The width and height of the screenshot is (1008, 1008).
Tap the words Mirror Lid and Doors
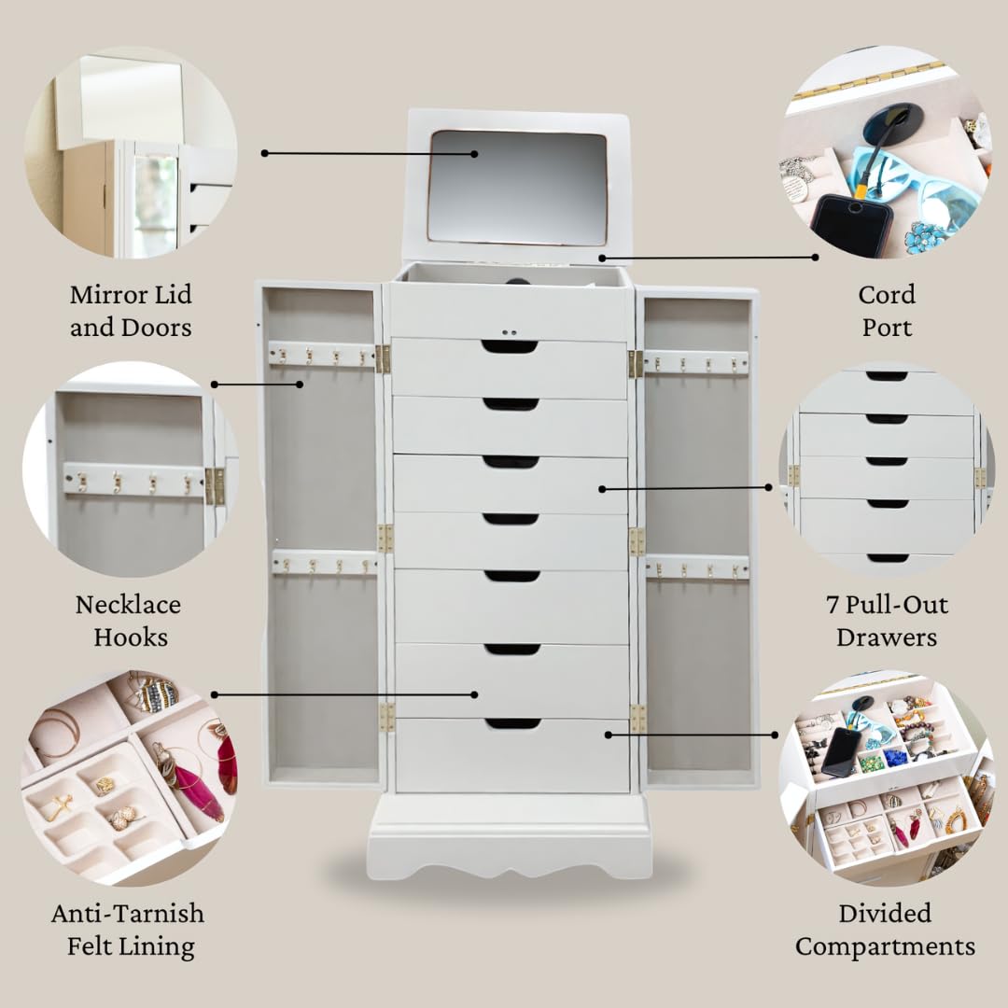(x=131, y=311)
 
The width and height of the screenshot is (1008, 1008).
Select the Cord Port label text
(x=886, y=311)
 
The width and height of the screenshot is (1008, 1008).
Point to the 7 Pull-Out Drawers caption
(x=886, y=621)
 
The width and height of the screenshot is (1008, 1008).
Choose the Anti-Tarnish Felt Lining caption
(x=128, y=930)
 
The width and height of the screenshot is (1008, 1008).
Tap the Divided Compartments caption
(x=885, y=930)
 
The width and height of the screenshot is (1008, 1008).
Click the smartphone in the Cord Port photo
(x=850, y=225)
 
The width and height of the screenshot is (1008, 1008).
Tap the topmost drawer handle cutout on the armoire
(x=510, y=346)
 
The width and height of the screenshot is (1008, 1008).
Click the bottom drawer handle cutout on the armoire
(x=512, y=723)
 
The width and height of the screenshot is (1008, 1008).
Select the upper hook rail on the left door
(x=321, y=354)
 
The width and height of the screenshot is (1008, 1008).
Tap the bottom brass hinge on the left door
(x=385, y=717)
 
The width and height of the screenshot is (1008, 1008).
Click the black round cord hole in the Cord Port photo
(x=892, y=121)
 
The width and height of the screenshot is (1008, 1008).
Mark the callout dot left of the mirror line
(x=265, y=153)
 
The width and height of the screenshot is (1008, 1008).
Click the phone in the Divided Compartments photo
(x=841, y=751)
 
